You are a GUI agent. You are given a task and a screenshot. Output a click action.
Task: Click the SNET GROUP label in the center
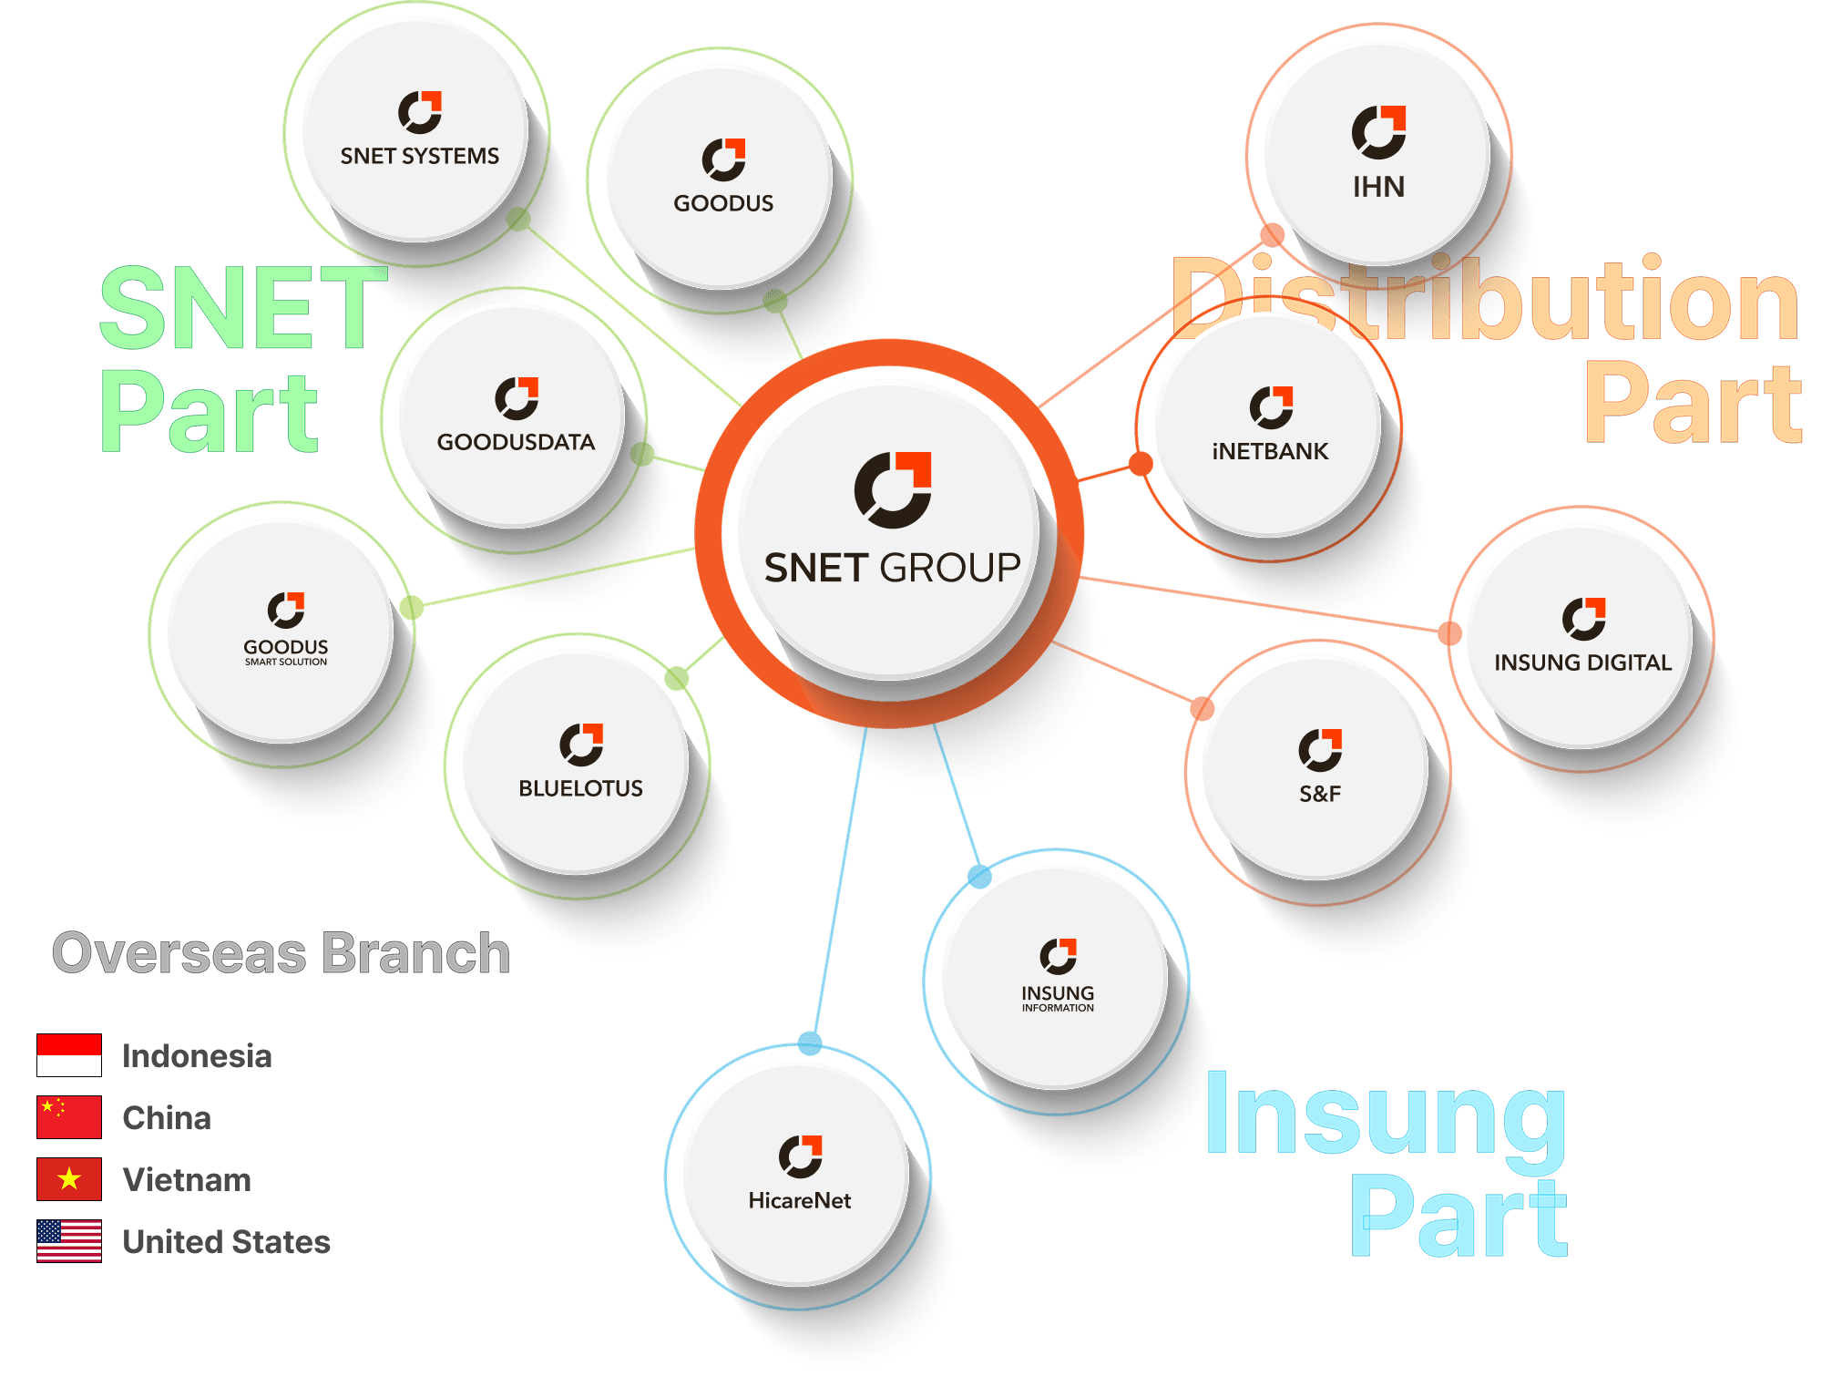click(892, 568)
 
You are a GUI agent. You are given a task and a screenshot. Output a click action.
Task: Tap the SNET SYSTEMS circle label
click(419, 156)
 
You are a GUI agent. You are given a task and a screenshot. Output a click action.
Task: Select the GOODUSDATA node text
click(516, 442)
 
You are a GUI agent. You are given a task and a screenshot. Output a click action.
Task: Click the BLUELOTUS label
click(580, 788)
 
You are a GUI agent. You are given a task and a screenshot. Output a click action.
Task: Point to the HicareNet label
click(799, 1200)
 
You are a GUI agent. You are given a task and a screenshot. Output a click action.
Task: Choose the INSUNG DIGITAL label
click(1582, 663)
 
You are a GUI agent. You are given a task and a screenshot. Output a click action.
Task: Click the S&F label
click(1319, 794)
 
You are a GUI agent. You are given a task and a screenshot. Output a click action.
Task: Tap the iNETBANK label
click(1270, 451)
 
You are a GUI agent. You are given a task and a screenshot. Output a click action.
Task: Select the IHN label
click(1378, 187)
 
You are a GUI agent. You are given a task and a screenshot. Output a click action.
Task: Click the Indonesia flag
click(69, 1055)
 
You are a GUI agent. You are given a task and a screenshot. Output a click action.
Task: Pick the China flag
click(69, 1117)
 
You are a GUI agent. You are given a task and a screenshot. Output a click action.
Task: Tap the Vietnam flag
click(69, 1179)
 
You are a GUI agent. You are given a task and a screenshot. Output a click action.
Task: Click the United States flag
click(69, 1241)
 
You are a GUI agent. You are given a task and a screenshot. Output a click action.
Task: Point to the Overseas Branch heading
click(281, 953)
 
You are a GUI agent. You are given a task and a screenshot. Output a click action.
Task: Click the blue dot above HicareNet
click(809, 1043)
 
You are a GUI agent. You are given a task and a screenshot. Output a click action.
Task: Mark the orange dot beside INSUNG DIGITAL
click(1449, 632)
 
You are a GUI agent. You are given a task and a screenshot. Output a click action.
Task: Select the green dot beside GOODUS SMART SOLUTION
click(411, 607)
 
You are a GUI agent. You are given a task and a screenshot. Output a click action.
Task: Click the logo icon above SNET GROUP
click(893, 489)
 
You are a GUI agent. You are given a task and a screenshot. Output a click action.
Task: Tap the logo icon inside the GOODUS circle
click(723, 159)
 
